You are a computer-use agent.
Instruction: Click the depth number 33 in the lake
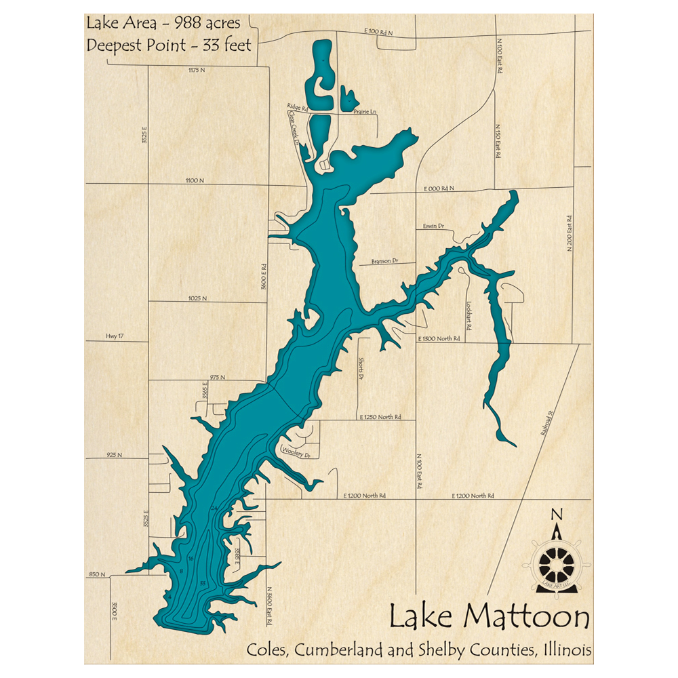click(202, 583)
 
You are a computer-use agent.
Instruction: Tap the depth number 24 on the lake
click(214, 508)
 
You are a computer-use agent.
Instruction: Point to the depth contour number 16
click(191, 558)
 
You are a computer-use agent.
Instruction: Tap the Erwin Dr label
click(433, 225)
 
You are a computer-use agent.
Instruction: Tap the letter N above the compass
click(557, 514)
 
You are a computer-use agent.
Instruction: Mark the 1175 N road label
click(197, 70)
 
